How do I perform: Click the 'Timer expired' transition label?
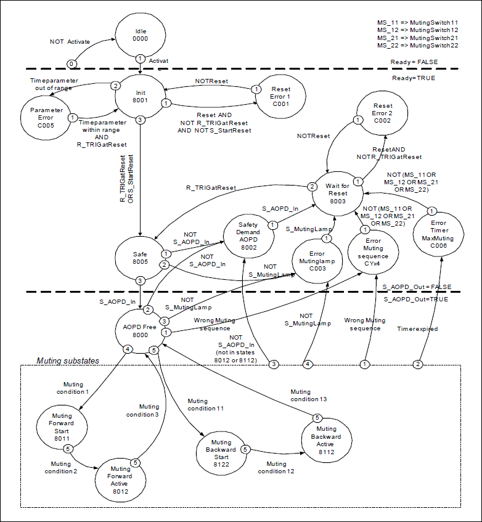click(x=417, y=329)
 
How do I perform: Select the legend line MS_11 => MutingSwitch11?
click(x=417, y=22)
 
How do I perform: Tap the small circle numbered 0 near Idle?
click(x=72, y=63)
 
